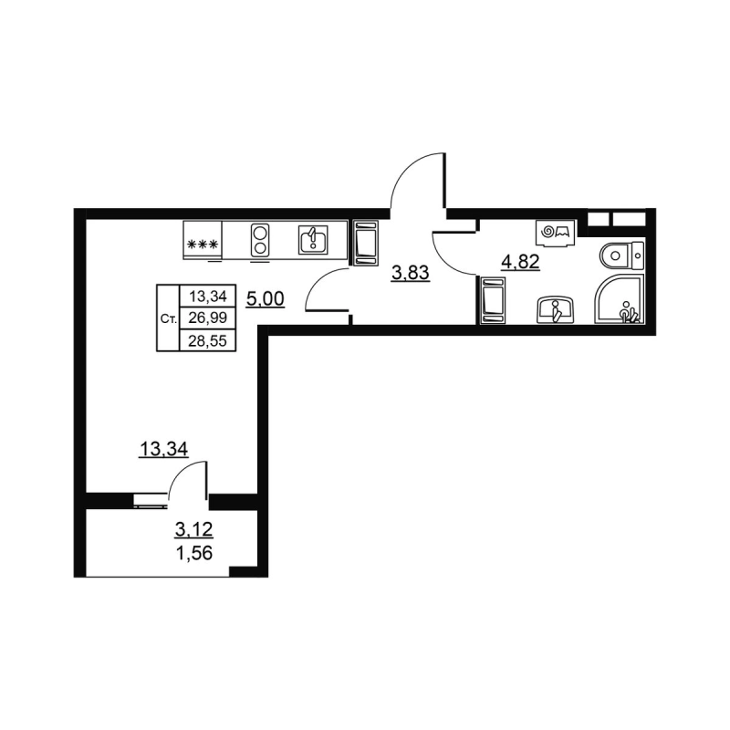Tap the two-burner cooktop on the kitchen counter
[x=260, y=241]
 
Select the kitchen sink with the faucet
[x=312, y=241]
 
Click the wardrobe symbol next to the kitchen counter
[x=365, y=243]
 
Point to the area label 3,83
[x=410, y=272]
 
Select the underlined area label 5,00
[x=264, y=297]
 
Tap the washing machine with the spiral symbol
[x=555, y=234]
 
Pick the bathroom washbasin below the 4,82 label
[x=554, y=309]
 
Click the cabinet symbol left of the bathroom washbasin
[x=492, y=302]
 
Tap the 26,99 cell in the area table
[x=208, y=318]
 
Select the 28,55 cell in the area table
[x=208, y=340]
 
